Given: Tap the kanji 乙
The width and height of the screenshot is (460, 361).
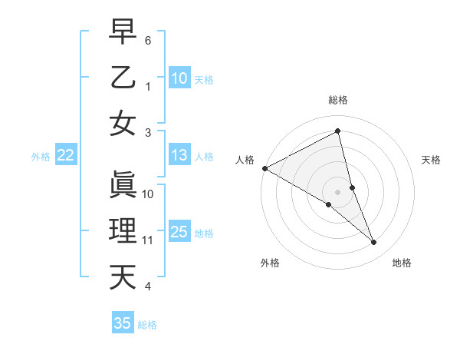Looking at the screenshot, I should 123,78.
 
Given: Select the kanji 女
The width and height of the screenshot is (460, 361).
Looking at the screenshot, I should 123,124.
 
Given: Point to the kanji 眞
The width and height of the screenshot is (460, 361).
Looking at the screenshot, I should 123,184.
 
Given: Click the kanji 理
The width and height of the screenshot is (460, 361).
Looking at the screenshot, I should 123,231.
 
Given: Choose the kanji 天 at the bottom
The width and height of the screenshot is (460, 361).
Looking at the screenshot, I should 123,277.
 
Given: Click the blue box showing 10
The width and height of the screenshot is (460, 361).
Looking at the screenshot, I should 179,78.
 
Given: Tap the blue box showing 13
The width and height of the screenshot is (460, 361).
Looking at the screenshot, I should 179,156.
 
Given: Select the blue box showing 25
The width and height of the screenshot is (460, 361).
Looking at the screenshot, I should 179,233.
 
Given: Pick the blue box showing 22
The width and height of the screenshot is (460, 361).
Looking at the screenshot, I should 66,156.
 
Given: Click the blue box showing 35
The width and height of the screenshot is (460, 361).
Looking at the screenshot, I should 123,323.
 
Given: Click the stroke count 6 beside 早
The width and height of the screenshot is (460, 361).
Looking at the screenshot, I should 148,39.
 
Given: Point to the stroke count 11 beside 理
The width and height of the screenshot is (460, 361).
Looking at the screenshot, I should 148,240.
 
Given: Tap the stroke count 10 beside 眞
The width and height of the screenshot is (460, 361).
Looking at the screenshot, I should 148,194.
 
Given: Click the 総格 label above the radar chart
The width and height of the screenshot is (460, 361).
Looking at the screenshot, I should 338,100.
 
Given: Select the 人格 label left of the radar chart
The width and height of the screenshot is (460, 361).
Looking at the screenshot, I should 245,160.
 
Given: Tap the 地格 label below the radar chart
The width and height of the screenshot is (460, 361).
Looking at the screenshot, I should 402,263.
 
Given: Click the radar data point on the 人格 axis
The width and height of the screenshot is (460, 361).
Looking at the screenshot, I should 264,168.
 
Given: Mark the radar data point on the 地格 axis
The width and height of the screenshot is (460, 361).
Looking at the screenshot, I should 374,242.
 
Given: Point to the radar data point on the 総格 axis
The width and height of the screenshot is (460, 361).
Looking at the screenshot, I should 338,131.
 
